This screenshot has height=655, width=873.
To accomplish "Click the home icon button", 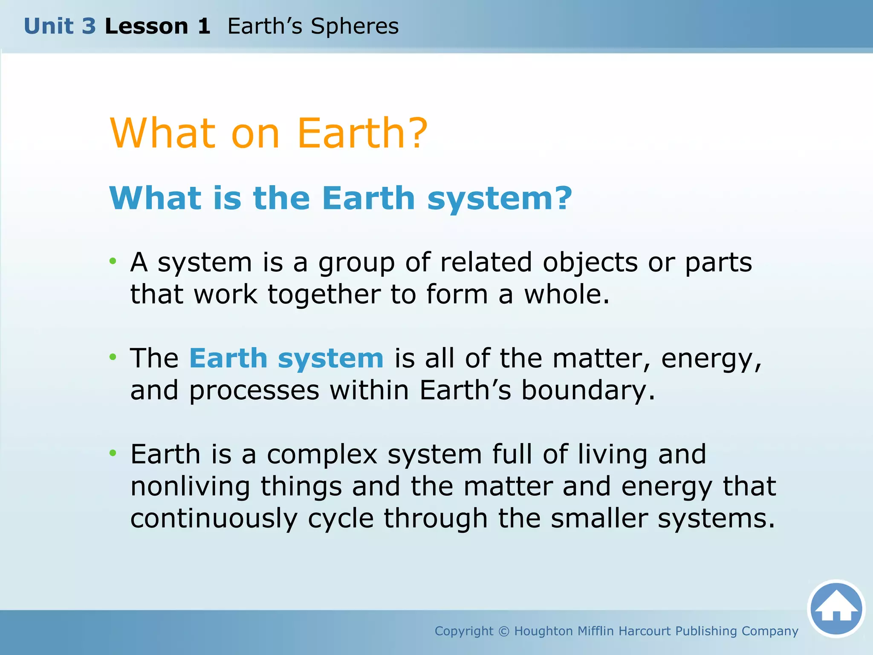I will pyautogui.click(x=836, y=609).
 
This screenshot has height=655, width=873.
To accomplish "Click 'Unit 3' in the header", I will pyautogui.click(x=60, y=26).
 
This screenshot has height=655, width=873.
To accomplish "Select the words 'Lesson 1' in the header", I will pyautogui.click(x=157, y=26).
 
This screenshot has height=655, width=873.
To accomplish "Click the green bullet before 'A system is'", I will pyautogui.click(x=113, y=261).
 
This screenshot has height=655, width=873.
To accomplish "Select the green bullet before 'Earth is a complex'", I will pyautogui.click(x=113, y=452).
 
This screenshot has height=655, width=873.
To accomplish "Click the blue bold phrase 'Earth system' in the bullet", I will pyautogui.click(x=286, y=358).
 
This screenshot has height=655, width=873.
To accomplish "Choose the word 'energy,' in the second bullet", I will pyautogui.click(x=711, y=359).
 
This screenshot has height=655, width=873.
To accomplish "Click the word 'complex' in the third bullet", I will pyautogui.click(x=322, y=455).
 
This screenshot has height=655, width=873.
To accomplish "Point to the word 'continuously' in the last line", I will pyautogui.click(x=214, y=519).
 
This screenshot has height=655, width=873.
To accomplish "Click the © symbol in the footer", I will pyautogui.click(x=504, y=631).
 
